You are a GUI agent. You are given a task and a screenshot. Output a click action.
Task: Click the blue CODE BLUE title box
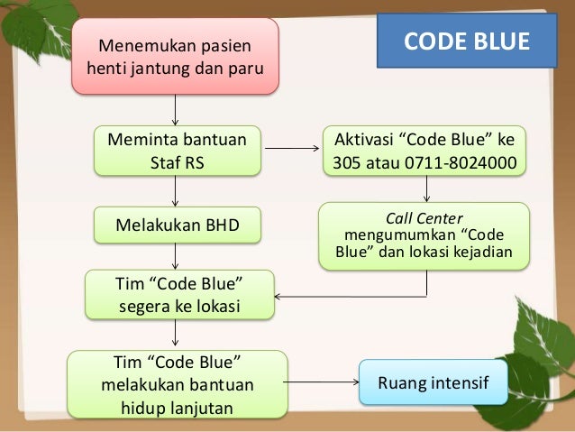(x=466, y=41)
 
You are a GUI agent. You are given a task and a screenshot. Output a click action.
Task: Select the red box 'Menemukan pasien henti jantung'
(x=175, y=56)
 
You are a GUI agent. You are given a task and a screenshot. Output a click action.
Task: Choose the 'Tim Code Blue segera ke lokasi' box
(x=178, y=296)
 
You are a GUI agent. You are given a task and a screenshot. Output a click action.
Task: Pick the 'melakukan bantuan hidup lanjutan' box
(x=178, y=385)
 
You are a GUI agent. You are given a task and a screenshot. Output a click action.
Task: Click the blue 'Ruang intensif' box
(x=433, y=385)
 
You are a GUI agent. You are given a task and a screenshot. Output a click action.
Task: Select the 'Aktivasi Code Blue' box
(x=424, y=152)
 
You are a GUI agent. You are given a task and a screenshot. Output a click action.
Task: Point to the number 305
(x=346, y=164)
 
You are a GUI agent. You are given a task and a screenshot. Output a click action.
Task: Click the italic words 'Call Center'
(x=424, y=217)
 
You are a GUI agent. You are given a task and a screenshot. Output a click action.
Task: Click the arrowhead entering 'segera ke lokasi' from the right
(x=278, y=296)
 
